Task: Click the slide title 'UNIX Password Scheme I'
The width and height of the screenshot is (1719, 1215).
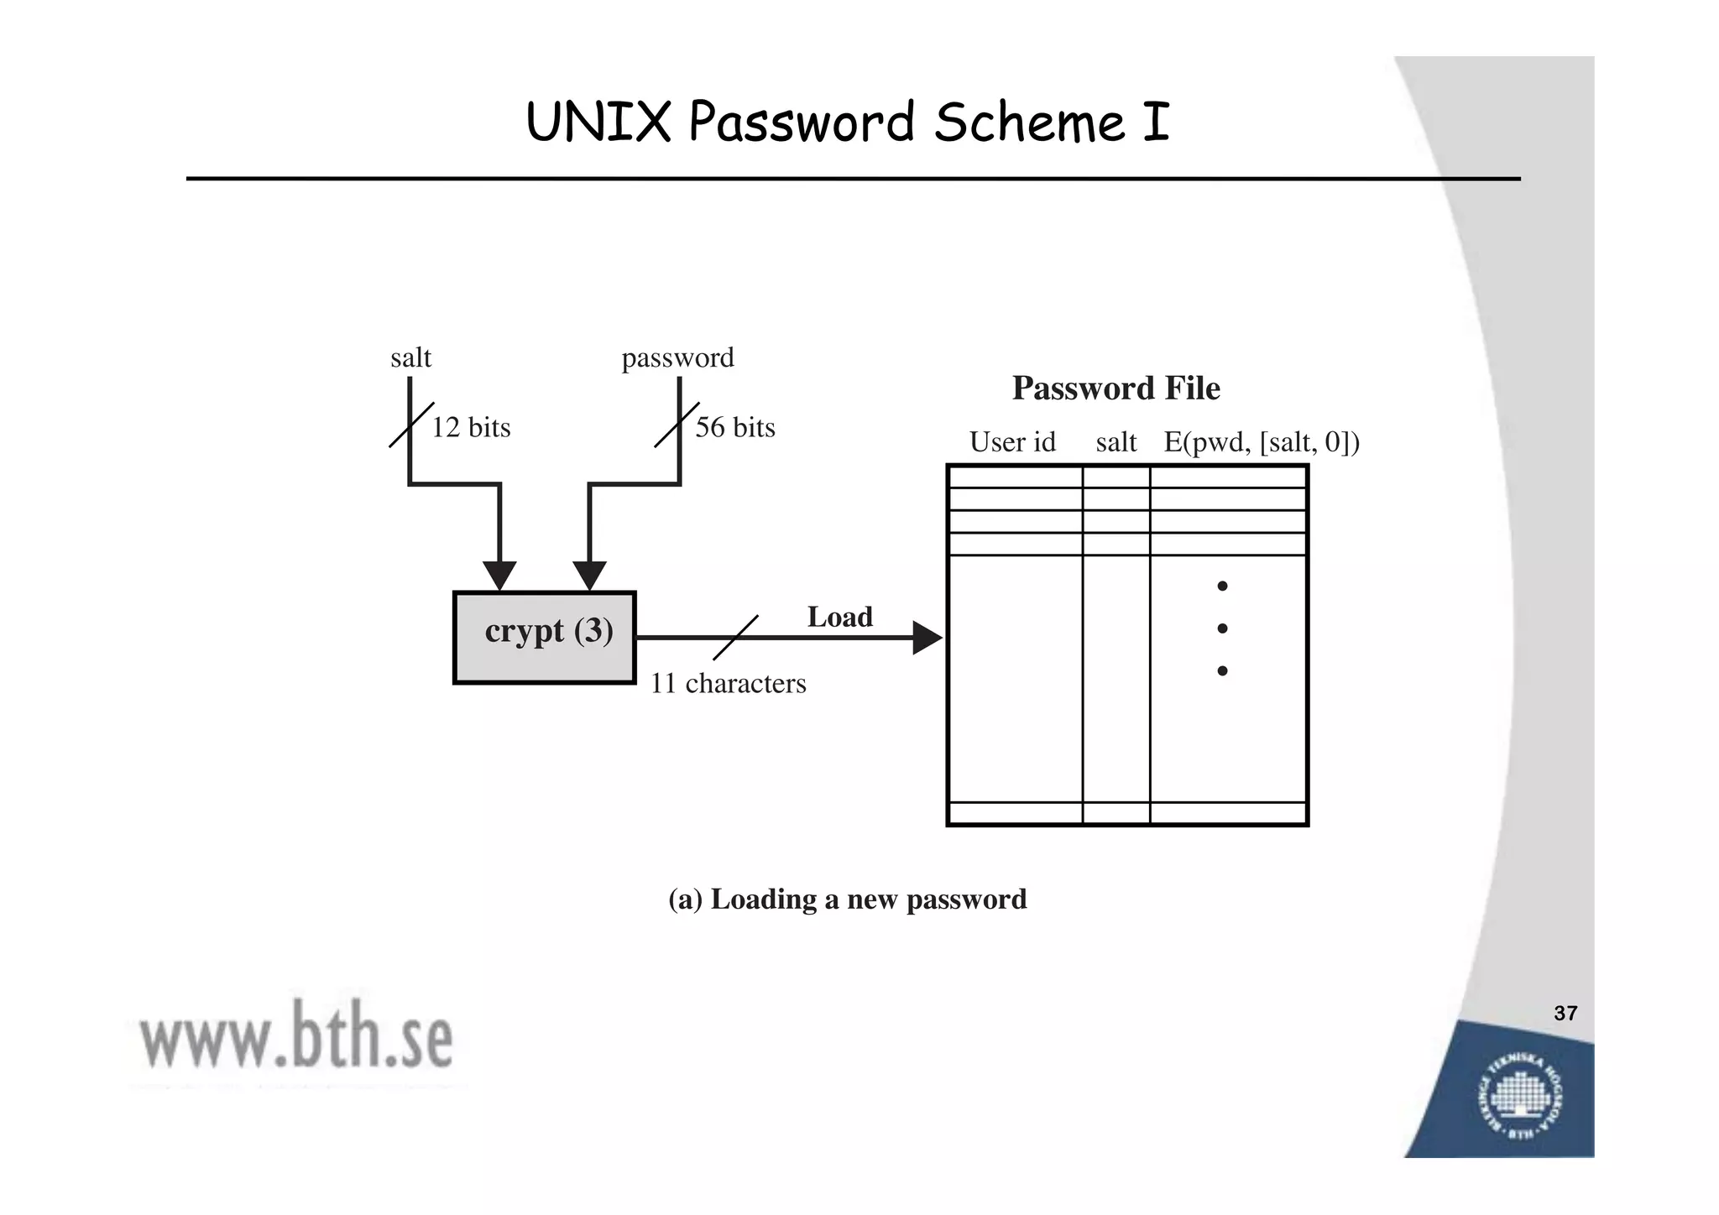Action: (x=847, y=123)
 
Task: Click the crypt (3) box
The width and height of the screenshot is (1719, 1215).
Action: (x=545, y=638)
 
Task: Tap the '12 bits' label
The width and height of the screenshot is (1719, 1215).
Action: (x=471, y=428)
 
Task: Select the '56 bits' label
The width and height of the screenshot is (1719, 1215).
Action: (x=735, y=428)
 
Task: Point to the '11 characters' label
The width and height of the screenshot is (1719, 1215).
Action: (x=728, y=684)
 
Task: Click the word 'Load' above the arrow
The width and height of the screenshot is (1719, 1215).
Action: (x=839, y=618)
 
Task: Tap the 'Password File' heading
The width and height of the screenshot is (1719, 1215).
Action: (x=1116, y=388)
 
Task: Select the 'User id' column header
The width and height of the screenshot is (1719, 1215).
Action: (x=1012, y=442)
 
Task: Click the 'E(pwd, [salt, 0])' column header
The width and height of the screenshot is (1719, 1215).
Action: (x=1261, y=442)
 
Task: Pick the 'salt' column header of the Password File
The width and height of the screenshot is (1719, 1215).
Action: (x=1116, y=442)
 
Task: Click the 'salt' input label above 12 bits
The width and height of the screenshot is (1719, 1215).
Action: (x=410, y=358)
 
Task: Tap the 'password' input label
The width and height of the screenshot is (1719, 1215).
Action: (x=677, y=358)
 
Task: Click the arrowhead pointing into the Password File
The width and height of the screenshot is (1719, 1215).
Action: (x=927, y=639)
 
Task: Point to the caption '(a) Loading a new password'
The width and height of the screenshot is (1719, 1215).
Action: (x=847, y=900)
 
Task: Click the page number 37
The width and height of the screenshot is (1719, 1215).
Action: (x=1565, y=1014)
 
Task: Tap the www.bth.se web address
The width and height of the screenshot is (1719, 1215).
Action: (x=296, y=1040)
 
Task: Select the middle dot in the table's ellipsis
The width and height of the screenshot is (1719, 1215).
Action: (x=1222, y=628)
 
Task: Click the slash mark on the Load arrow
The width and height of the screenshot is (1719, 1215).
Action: (x=736, y=638)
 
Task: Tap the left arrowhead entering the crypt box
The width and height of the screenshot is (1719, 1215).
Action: (x=499, y=576)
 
